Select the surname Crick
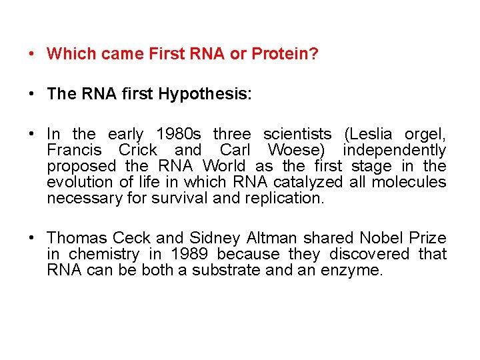click(x=138, y=150)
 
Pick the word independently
click(x=394, y=150)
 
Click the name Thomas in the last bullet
click(x=77, y=238)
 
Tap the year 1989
click(x=189, y=254)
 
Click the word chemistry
click(x=105, y=255)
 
